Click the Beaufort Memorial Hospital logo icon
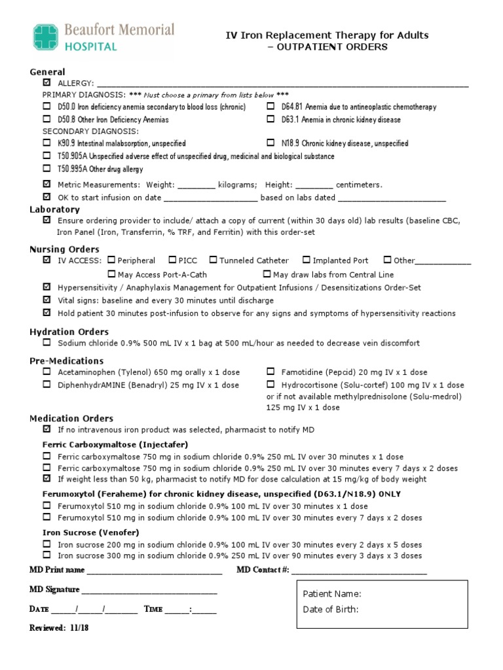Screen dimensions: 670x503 coord(45,37)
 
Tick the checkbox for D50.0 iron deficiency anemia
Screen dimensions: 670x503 coord(47,107)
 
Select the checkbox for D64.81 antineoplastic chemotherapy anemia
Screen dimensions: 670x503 coord(270,107)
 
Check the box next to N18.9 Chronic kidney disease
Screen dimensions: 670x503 coord(270,143)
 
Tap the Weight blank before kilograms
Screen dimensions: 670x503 coord(196,185)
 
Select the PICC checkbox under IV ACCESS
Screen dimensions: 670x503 coord(172,260)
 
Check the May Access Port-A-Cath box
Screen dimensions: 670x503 coord(111,275)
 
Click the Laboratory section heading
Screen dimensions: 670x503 coord(54,209)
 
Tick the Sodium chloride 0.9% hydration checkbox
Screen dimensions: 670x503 coord(47,343)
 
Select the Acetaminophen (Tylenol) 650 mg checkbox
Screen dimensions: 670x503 coord(47,372)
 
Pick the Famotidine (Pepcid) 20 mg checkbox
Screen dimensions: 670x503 coord(270,372)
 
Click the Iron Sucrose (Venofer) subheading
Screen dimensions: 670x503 coord(81,533)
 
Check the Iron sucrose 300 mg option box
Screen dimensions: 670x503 coord(47,555)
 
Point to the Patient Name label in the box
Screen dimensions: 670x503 coord(332,594)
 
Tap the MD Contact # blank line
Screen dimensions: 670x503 coord(359,570)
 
